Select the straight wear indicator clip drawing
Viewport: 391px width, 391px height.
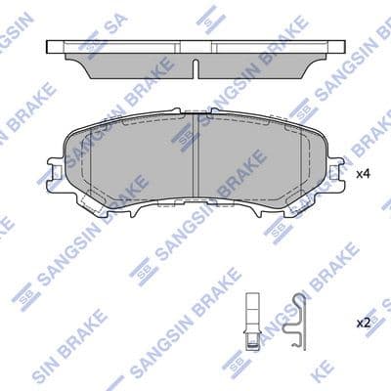tap(251, 318)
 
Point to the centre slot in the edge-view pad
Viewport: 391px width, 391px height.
tap(195, 66)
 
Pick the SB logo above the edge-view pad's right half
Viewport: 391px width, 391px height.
tap(209, 17)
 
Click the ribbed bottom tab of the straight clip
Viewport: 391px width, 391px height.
tap(252, 341)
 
